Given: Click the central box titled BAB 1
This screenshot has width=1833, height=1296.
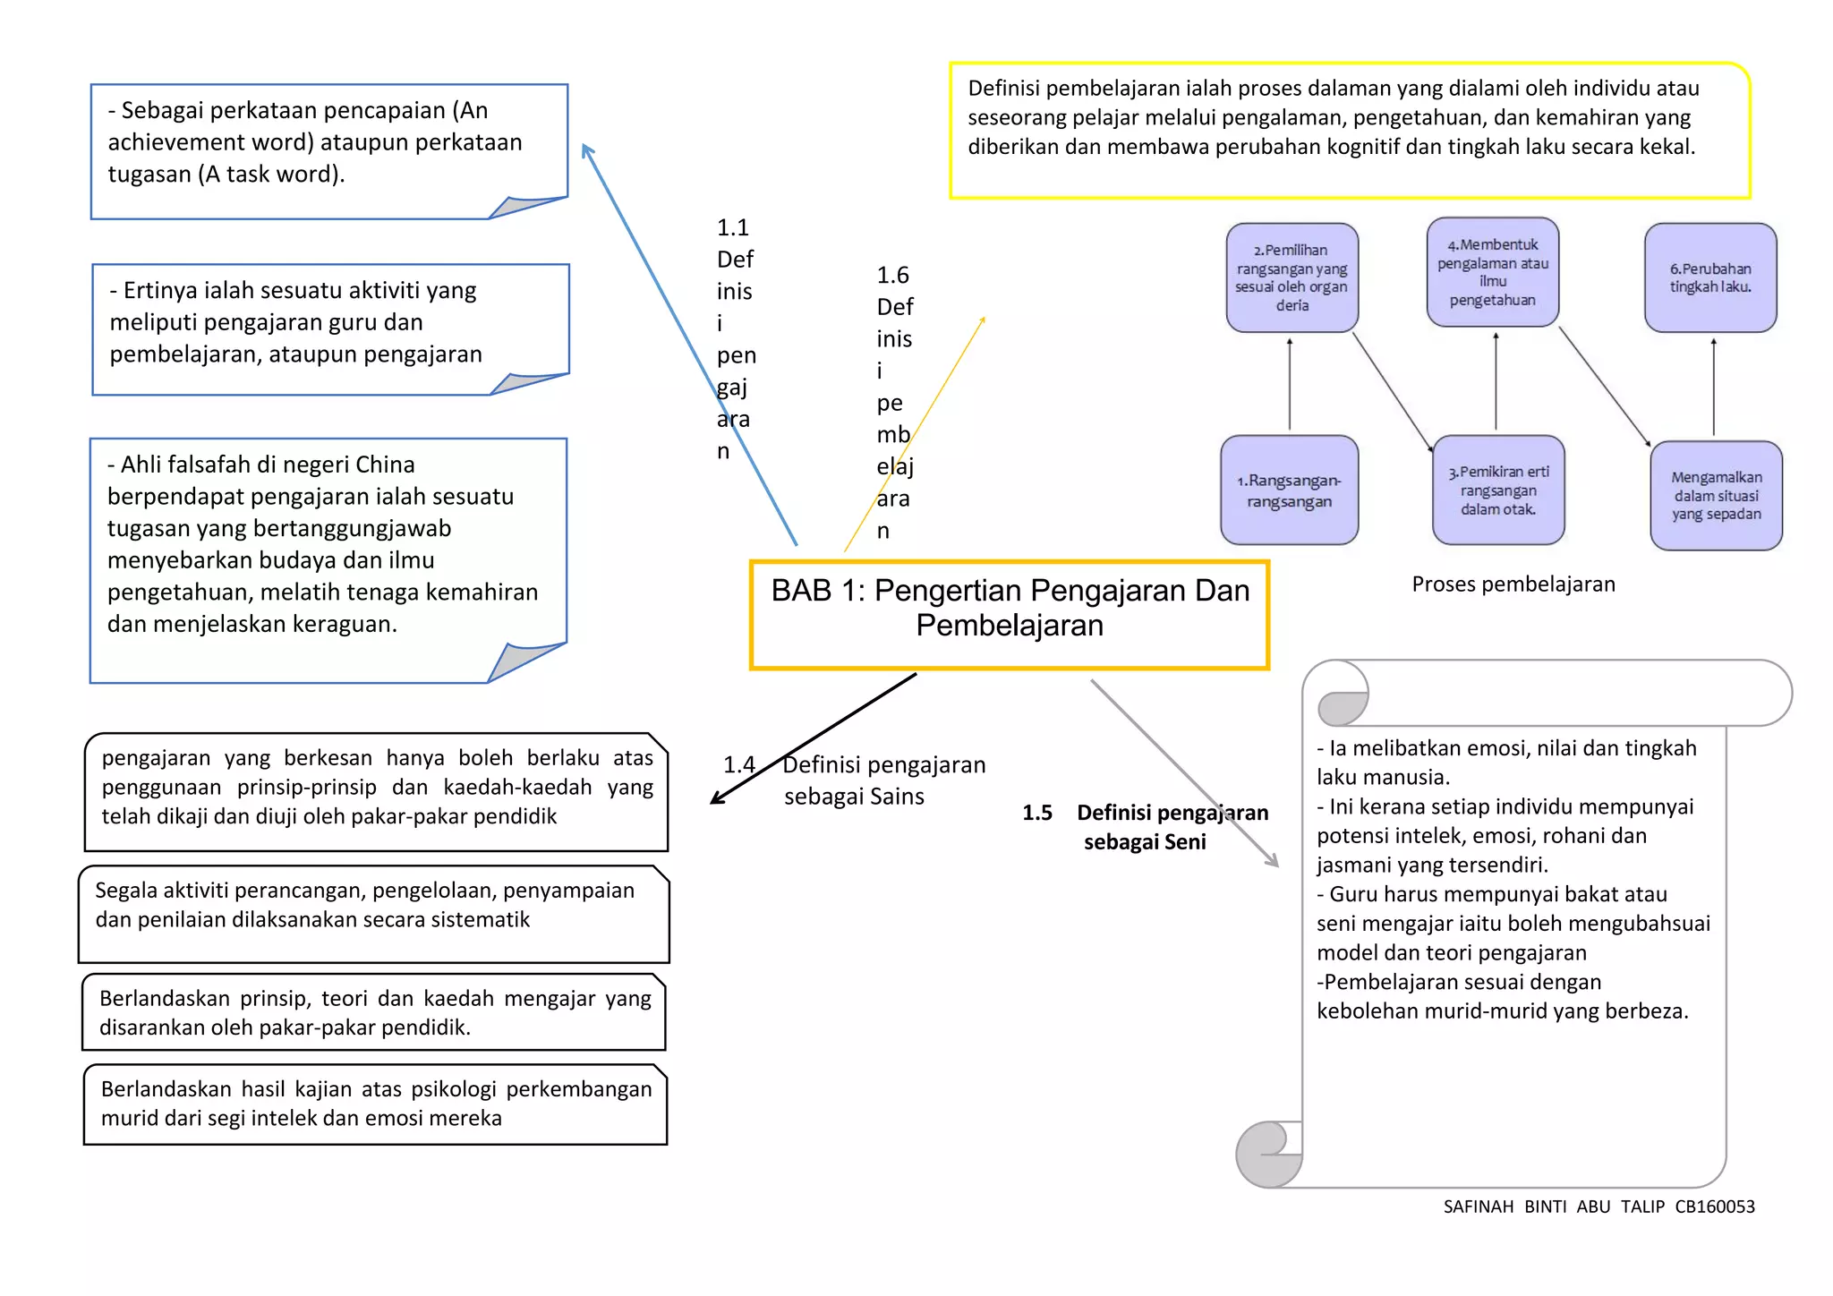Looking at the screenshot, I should click(1010, 614).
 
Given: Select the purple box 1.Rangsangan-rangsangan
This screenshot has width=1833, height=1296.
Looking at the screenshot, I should click(1289, 490).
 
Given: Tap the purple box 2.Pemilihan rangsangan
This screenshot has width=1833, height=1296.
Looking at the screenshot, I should click(1292, 277).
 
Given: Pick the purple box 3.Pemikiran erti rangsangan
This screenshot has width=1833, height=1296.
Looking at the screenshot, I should click(1498, 490).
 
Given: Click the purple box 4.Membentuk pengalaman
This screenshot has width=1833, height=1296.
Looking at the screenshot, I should click(1493, 272).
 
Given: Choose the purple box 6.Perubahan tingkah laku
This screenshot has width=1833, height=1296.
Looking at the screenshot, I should click(1710, 277).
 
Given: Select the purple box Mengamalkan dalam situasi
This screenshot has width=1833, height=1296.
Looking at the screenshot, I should click(1716, 496).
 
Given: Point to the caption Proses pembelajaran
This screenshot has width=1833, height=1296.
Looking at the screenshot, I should click(1513, 584).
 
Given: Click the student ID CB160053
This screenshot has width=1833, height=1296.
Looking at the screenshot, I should click(1714, 1206).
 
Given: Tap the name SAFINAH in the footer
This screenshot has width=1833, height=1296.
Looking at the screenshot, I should click(1478, 1206).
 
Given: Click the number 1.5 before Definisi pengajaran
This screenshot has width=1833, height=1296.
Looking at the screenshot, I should click(1036, 813).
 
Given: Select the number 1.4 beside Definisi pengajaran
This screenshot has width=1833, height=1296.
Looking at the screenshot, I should click(739, 765).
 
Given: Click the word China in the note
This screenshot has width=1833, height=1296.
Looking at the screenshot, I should click(384, 465).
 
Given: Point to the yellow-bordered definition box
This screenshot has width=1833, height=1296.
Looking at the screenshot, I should click(1349, 131).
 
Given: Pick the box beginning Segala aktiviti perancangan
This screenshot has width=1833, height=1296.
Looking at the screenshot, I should click(374, 914).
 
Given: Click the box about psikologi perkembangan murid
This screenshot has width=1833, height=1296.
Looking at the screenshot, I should click(376, 1104).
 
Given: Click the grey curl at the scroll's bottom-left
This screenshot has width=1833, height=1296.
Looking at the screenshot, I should click(1267, 1154).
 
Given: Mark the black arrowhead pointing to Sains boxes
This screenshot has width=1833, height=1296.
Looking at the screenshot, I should click(717, 798).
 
